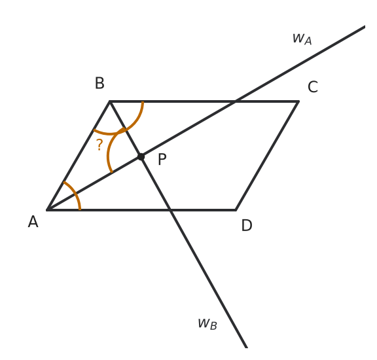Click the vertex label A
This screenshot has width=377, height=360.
tap(33, 221)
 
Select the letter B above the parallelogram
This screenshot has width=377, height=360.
tap(99, 83)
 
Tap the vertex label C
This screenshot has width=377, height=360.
tap(313, 87)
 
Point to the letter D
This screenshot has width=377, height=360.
tap(247, 225)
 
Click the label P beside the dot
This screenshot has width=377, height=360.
tap(162, 159)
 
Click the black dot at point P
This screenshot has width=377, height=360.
tap(141, 157)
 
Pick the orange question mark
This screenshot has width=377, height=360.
tap(99, 145)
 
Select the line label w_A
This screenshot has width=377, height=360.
tap(302, 39)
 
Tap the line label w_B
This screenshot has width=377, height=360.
tap(207, 324)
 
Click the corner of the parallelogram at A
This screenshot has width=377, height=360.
tap(47, 210)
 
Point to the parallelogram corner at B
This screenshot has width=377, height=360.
tap(110, 101)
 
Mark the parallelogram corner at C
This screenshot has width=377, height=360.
tap(298, 101)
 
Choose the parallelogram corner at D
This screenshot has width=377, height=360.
tap(236, 210)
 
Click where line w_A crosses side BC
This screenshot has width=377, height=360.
tap(235, 101)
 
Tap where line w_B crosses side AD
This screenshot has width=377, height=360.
tap(170, 210)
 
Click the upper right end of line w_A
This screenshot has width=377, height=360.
tap(365, 26)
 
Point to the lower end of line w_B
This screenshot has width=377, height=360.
tap(247, 348)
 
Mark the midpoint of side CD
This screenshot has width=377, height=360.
tap(267, 156)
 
